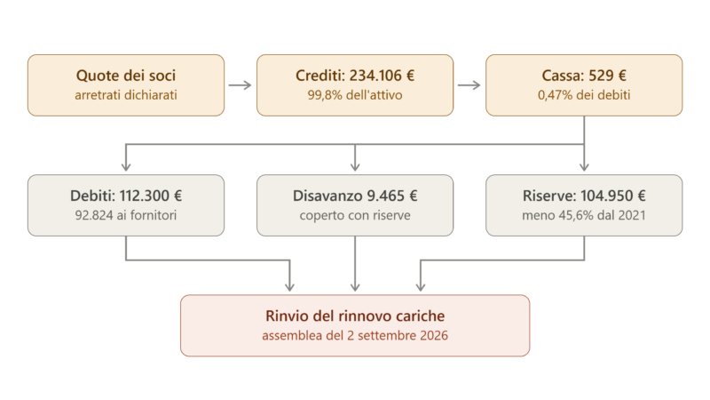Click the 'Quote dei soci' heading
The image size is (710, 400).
pos(126,76)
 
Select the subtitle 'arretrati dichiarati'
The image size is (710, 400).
pos(126,95)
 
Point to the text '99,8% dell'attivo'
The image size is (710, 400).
pos(355,95)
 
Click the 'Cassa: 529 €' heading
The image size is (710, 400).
pos(584,76)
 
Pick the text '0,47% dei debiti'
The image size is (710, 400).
pos(584,95)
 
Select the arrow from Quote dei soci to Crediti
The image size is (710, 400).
pos(240,85)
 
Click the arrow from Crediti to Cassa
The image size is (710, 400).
pos(469,85)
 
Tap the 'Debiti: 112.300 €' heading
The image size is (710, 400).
pos(126,196)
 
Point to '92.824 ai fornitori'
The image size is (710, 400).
pos(126,215)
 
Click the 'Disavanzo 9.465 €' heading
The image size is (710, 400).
pos(355,196)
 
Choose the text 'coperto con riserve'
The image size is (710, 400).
pos(355,215)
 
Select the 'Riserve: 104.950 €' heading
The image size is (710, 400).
pos(584,196)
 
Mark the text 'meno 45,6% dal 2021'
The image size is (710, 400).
pos(584,215)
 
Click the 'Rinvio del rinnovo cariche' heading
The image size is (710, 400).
pos(355,316)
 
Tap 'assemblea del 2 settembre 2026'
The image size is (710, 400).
pos(355,336)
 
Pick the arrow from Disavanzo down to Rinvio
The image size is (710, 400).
pos(355,264)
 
